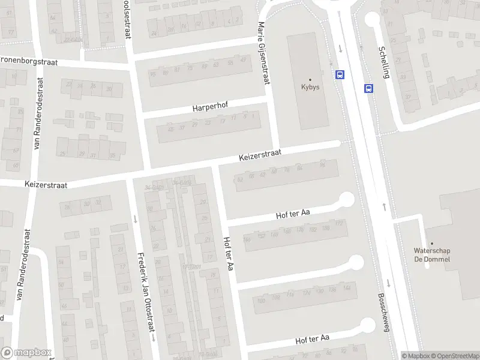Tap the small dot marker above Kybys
point(310,79)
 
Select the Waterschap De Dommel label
point(431,255)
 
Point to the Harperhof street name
point(208,108)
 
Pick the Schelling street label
point(384,62)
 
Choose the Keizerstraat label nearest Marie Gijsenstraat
point(260,156)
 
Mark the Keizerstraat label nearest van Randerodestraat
point(46,183)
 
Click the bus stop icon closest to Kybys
point(340,75)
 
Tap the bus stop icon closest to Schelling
point(367,88)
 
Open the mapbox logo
point(26,353)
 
